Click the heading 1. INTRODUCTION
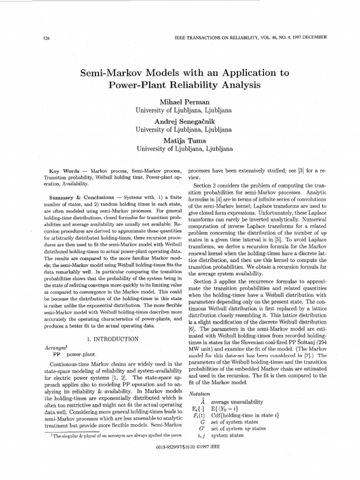[x=113, y=338]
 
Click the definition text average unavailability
[x=237, y=402]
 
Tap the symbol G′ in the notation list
[x=202, y=428]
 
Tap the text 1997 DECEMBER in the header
[x=307, y=37]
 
